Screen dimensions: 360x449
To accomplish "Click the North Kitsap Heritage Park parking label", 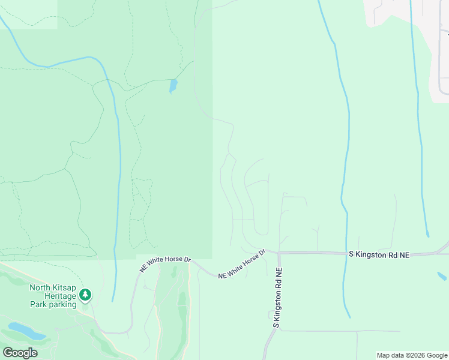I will tap(53, 295).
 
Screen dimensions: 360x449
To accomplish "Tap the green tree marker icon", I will tap(85, 294).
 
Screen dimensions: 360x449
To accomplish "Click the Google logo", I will tap(20, 352).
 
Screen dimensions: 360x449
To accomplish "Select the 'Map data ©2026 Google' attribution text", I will tap(411, 355).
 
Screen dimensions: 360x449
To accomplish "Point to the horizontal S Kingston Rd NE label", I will tap(379, 255).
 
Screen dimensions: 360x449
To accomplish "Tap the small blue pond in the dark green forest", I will tap(173, 86).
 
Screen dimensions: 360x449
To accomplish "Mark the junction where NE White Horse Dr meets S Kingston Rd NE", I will tap(279, 253).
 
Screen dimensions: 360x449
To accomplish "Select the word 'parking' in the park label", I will tap(63, 304).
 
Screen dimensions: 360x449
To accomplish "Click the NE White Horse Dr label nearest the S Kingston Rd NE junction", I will tap(242, 265).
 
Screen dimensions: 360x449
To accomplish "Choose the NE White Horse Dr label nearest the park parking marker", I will tap(165, 264).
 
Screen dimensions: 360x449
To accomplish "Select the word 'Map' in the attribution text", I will tap(384, 355).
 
